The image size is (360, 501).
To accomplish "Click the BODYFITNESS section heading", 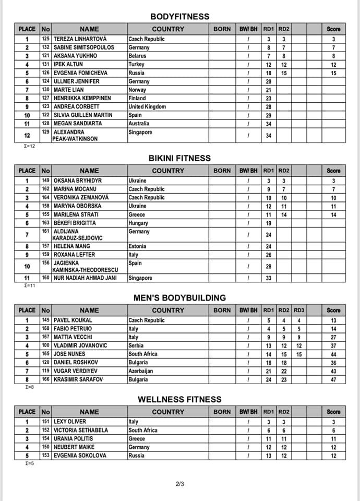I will (179, 16).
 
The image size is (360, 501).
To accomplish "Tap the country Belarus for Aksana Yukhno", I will (138, 56).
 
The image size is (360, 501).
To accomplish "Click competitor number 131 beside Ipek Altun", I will (46, 64).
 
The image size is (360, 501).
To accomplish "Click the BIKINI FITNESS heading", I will (179, 158).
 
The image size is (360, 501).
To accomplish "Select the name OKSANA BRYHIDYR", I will (78, 181).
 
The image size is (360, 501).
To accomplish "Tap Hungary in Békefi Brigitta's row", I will (138, 223).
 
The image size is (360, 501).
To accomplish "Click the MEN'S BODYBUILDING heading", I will (179, 298).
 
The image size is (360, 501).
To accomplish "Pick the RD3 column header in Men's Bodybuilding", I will (299, 310).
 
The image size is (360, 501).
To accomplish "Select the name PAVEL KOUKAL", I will (73, 320).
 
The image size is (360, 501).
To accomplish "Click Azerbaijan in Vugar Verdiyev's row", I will (141, 370).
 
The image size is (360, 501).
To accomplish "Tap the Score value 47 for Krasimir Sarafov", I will (333, 378).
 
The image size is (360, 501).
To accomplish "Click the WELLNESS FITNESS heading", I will (179, 400).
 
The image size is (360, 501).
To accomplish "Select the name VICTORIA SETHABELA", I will (81, 430).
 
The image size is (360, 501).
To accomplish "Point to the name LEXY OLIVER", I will (70, 422).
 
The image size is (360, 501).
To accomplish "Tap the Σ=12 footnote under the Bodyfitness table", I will (31, 146).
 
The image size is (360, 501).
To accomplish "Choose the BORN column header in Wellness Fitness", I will (222, 412).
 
